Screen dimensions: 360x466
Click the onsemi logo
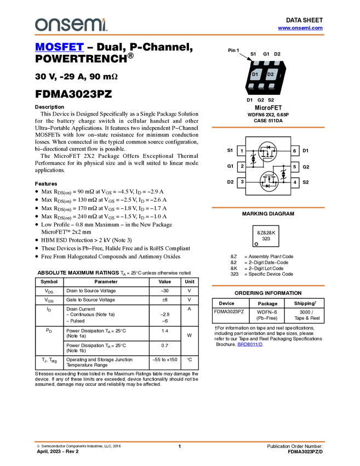tap(71, 25)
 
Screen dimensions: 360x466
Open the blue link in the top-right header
tap(300, 28)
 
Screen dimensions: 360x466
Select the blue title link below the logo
tap(59, 47)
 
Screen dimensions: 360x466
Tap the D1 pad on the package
tap(255, 75)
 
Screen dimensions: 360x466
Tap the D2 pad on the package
tap(271, 75)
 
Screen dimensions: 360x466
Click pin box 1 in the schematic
tap(241, 151)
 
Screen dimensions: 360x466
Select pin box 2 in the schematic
tap(241, 166)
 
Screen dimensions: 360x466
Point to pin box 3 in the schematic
tap(241, 182)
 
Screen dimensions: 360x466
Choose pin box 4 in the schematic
tap(295, 182)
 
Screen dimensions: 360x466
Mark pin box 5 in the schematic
tap(295, 166)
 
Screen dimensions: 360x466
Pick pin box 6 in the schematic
tap(295, 151)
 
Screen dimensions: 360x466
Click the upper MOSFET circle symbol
tap(267, 151)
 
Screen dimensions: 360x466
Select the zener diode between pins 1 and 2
tap(253, 160)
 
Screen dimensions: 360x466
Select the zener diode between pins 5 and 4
tap(283, 174)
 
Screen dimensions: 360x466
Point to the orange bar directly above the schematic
tap(268, 128)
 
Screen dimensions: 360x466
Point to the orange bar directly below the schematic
tap(268, 208)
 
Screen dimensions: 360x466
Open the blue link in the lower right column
tap(250, 344)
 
